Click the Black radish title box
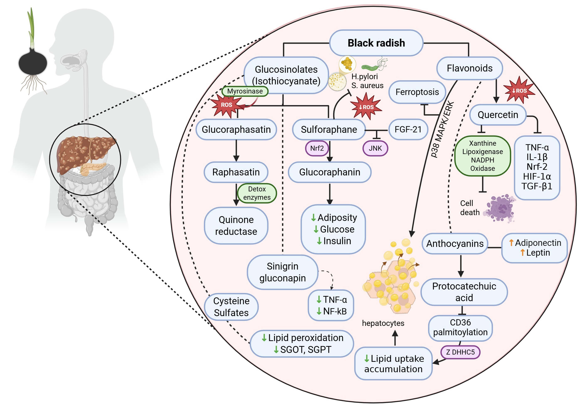[376, 43]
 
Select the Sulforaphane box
[329, 129]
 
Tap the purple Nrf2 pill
[317, 148]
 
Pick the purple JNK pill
[375, 148]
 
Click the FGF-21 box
[408, 129]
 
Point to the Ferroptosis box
[417, 92]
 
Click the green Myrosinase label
[245, 91]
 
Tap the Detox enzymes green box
[257, 193]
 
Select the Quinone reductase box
[236, 225]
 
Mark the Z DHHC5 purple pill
[460, 352]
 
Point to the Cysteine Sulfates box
[231, 307]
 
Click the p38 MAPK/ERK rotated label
[443, 129]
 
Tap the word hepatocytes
[383, 323]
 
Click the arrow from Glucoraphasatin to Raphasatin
[236, 150]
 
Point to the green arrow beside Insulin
[319, 241]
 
